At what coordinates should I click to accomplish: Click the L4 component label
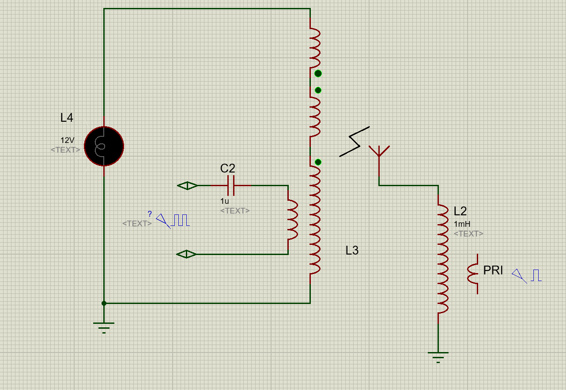(67, 118)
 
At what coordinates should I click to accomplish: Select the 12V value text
(68, 140)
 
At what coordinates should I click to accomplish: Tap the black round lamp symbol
(104, 146)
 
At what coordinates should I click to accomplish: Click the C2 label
(228, 169)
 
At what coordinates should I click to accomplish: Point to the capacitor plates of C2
(231, 186)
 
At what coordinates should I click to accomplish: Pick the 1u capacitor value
(224, 201)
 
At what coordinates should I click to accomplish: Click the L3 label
(352, 251)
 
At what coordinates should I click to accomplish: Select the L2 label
(460, 211)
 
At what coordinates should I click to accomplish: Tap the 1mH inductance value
(462, 224)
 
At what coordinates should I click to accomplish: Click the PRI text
(493, 270)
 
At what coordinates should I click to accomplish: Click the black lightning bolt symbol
(355, 142)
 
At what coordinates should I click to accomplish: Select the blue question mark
(150, 214)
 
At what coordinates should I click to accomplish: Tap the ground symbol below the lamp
(104, 327)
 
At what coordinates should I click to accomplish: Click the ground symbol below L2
(438, 357)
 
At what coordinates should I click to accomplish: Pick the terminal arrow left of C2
(188, 186)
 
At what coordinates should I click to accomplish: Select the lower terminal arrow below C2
(186, 254)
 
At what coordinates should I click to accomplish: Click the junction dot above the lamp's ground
(104, 304)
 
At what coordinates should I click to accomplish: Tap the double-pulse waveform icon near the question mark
(180, 220)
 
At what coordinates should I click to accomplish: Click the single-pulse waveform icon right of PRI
(536, 275)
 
